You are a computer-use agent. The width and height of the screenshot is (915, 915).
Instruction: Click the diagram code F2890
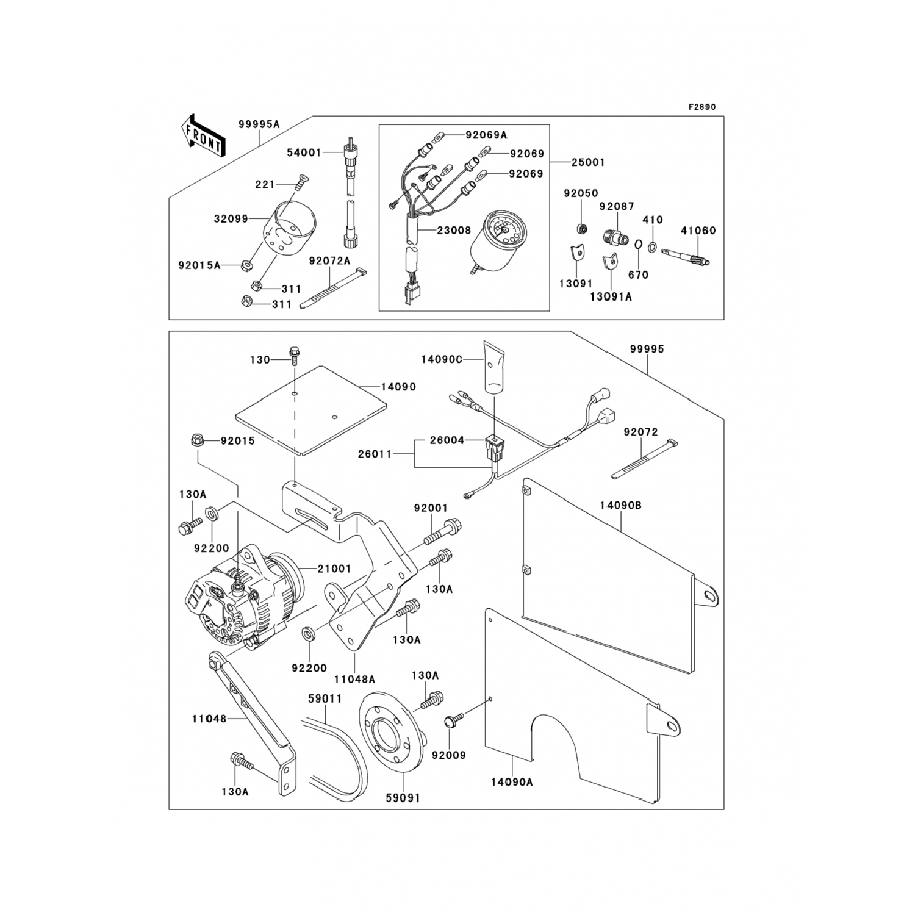click(x=702, y=107)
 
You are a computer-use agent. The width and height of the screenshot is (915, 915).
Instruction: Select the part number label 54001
click(x=304, y=152)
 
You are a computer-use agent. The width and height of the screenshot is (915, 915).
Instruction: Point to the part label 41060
click(x=698, y=231)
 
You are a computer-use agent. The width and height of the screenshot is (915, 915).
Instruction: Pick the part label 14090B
click(x=620, y=506)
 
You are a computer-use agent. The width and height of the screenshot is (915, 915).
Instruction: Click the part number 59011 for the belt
click(x=325, y=698)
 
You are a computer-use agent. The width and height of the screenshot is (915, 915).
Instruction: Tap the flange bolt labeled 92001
click(x=441, y=529)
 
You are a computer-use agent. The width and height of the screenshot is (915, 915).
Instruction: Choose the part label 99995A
click(x=259, y=124)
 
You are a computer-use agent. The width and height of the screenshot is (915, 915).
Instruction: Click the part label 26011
click(x=375, y=454)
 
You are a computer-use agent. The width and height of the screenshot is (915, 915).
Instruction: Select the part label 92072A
click(x=330, y=261)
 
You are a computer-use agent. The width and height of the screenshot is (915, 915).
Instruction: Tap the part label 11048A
click(x=354, y=679)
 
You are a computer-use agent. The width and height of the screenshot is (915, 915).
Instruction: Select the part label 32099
click(x=231, y=218)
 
